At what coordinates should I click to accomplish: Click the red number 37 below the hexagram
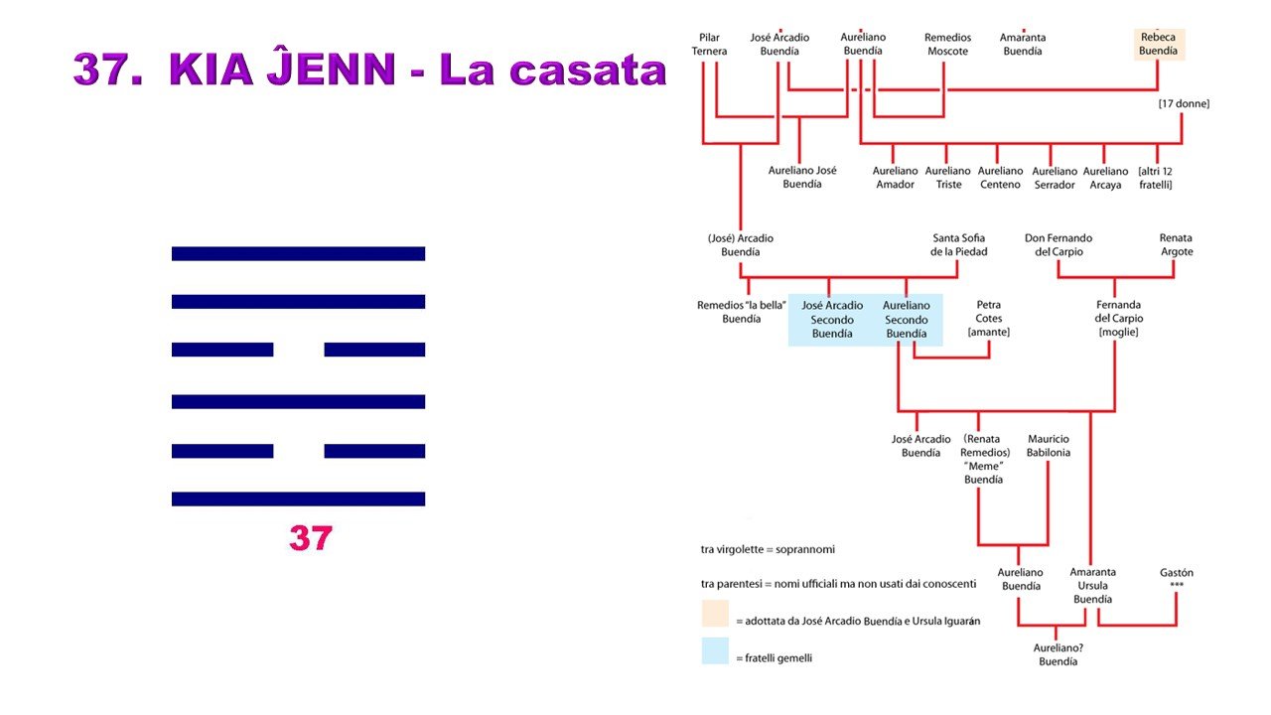tap(310, 538)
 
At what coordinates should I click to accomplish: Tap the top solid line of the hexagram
tap(298, 253)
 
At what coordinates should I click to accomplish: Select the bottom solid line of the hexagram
tap(298, 499)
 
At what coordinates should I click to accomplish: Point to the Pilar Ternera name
tap(710, 45)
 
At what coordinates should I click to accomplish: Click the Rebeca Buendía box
tap(1158, 44)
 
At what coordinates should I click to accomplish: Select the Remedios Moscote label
tap(947, 45)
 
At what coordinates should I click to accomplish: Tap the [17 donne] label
tap(1184, 103)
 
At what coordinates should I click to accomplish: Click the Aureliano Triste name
tap(947, 178)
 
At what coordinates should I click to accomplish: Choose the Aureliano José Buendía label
tap(802, 177)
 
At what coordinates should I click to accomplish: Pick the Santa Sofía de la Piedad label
tap(958, 244)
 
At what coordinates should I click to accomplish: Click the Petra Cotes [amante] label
tap(989, 319)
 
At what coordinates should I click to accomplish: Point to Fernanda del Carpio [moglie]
tap(1119, 319)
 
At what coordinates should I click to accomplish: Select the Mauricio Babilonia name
tap(1049, 446)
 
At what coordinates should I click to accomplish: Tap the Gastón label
tap(1177, 578)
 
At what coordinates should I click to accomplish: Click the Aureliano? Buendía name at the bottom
tap(1058, 654)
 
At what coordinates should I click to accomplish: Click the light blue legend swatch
tap(715, 651)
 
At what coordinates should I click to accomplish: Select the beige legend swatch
tap(715, 614)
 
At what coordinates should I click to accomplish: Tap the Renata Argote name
tap(1176, 244)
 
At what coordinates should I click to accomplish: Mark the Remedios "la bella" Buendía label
tap(742, 312)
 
